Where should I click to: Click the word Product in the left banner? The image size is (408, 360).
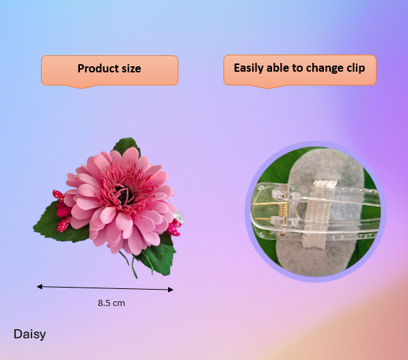95,68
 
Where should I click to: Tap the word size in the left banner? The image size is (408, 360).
129,68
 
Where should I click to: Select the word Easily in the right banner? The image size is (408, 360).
249,68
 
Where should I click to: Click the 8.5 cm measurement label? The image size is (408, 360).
111,302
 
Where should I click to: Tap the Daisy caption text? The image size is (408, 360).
29,334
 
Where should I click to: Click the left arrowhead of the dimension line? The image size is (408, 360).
39,286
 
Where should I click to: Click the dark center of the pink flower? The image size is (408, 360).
123,196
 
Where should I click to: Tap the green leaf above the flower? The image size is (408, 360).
126,146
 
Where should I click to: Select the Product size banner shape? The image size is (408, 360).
109,70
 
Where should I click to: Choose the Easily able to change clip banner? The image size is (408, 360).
299,69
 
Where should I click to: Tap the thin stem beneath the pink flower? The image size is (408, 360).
130,262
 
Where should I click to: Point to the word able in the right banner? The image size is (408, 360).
282,68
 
